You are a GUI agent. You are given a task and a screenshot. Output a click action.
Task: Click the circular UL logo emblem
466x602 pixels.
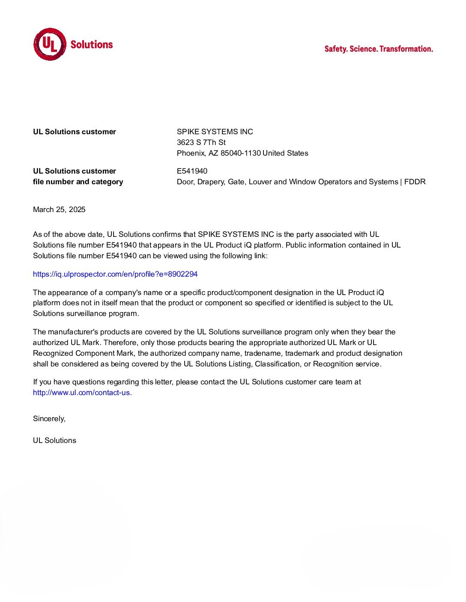tap(50, 44)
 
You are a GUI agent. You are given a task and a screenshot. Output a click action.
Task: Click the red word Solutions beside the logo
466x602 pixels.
tap(92, 44)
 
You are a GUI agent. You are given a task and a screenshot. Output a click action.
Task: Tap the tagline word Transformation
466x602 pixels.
tap(406, 49)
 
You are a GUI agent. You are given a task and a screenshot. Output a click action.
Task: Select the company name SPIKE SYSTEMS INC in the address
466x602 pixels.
tap(215, 132)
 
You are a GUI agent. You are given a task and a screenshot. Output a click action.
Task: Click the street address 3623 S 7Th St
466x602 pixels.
tap(201, 142)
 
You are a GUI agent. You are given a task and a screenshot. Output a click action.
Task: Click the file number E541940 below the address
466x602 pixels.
tap(192, 171)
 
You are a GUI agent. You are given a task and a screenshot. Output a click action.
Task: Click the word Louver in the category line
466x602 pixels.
tap(260, 182)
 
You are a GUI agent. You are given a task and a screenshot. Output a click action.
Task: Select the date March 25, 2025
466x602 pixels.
tap(59, 210)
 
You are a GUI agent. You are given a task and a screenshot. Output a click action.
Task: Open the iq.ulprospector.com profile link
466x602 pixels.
tap(115, 274)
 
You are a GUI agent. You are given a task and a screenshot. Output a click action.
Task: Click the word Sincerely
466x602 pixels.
tap(49, 419)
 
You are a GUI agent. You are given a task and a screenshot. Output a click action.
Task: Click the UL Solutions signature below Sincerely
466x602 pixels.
tap(54, 440)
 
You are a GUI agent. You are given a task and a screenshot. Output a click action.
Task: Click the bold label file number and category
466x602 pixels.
tap(78, 182)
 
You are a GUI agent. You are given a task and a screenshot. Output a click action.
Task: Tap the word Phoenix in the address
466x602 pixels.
tap(191, 153)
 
